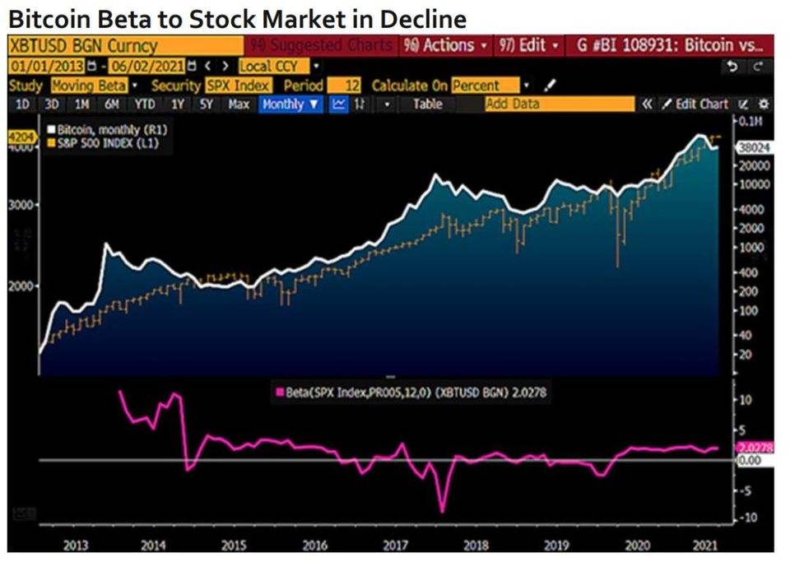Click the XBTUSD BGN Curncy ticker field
click(x=82, y=45)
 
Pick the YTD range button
click(x=144, y=104)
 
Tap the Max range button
click(x=239, y=104)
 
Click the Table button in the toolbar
click(x=427, y=104)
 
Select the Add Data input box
click(x=560, y=104)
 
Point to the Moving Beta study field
click(x=88, y=85)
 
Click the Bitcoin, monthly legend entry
click(x=98, y=130)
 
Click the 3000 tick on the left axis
click(x=18, y=204)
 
